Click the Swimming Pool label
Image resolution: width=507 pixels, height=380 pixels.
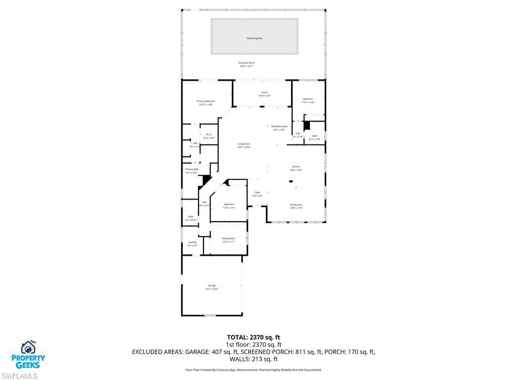point(254,38)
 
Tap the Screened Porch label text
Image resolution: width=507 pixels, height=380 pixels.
point(247,63)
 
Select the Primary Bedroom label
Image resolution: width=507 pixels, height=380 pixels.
point(205,101)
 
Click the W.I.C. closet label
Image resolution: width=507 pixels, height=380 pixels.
point(209,135)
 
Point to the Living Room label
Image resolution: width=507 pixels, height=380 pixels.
point(244,144)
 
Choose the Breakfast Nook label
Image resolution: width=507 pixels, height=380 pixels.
point(279,127)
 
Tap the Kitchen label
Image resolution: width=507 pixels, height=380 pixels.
point(296,167)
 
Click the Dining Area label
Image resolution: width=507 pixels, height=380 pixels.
point(296,205)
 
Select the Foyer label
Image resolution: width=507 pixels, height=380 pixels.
point(257,192)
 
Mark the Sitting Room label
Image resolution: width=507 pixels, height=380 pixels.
point(228,238)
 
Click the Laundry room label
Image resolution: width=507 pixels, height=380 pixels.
point(192,242)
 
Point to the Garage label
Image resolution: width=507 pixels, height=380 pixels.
point(212,286)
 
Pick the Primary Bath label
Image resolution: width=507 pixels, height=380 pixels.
point(192,170)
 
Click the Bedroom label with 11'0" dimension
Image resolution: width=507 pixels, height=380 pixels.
point(308,99)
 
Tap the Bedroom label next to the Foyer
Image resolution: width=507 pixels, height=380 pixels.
point(229,205)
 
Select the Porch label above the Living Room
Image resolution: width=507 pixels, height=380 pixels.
point(264,93)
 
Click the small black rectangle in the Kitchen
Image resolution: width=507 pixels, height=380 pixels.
point(291,182)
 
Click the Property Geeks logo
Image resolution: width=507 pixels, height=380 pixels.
point(29,355)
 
